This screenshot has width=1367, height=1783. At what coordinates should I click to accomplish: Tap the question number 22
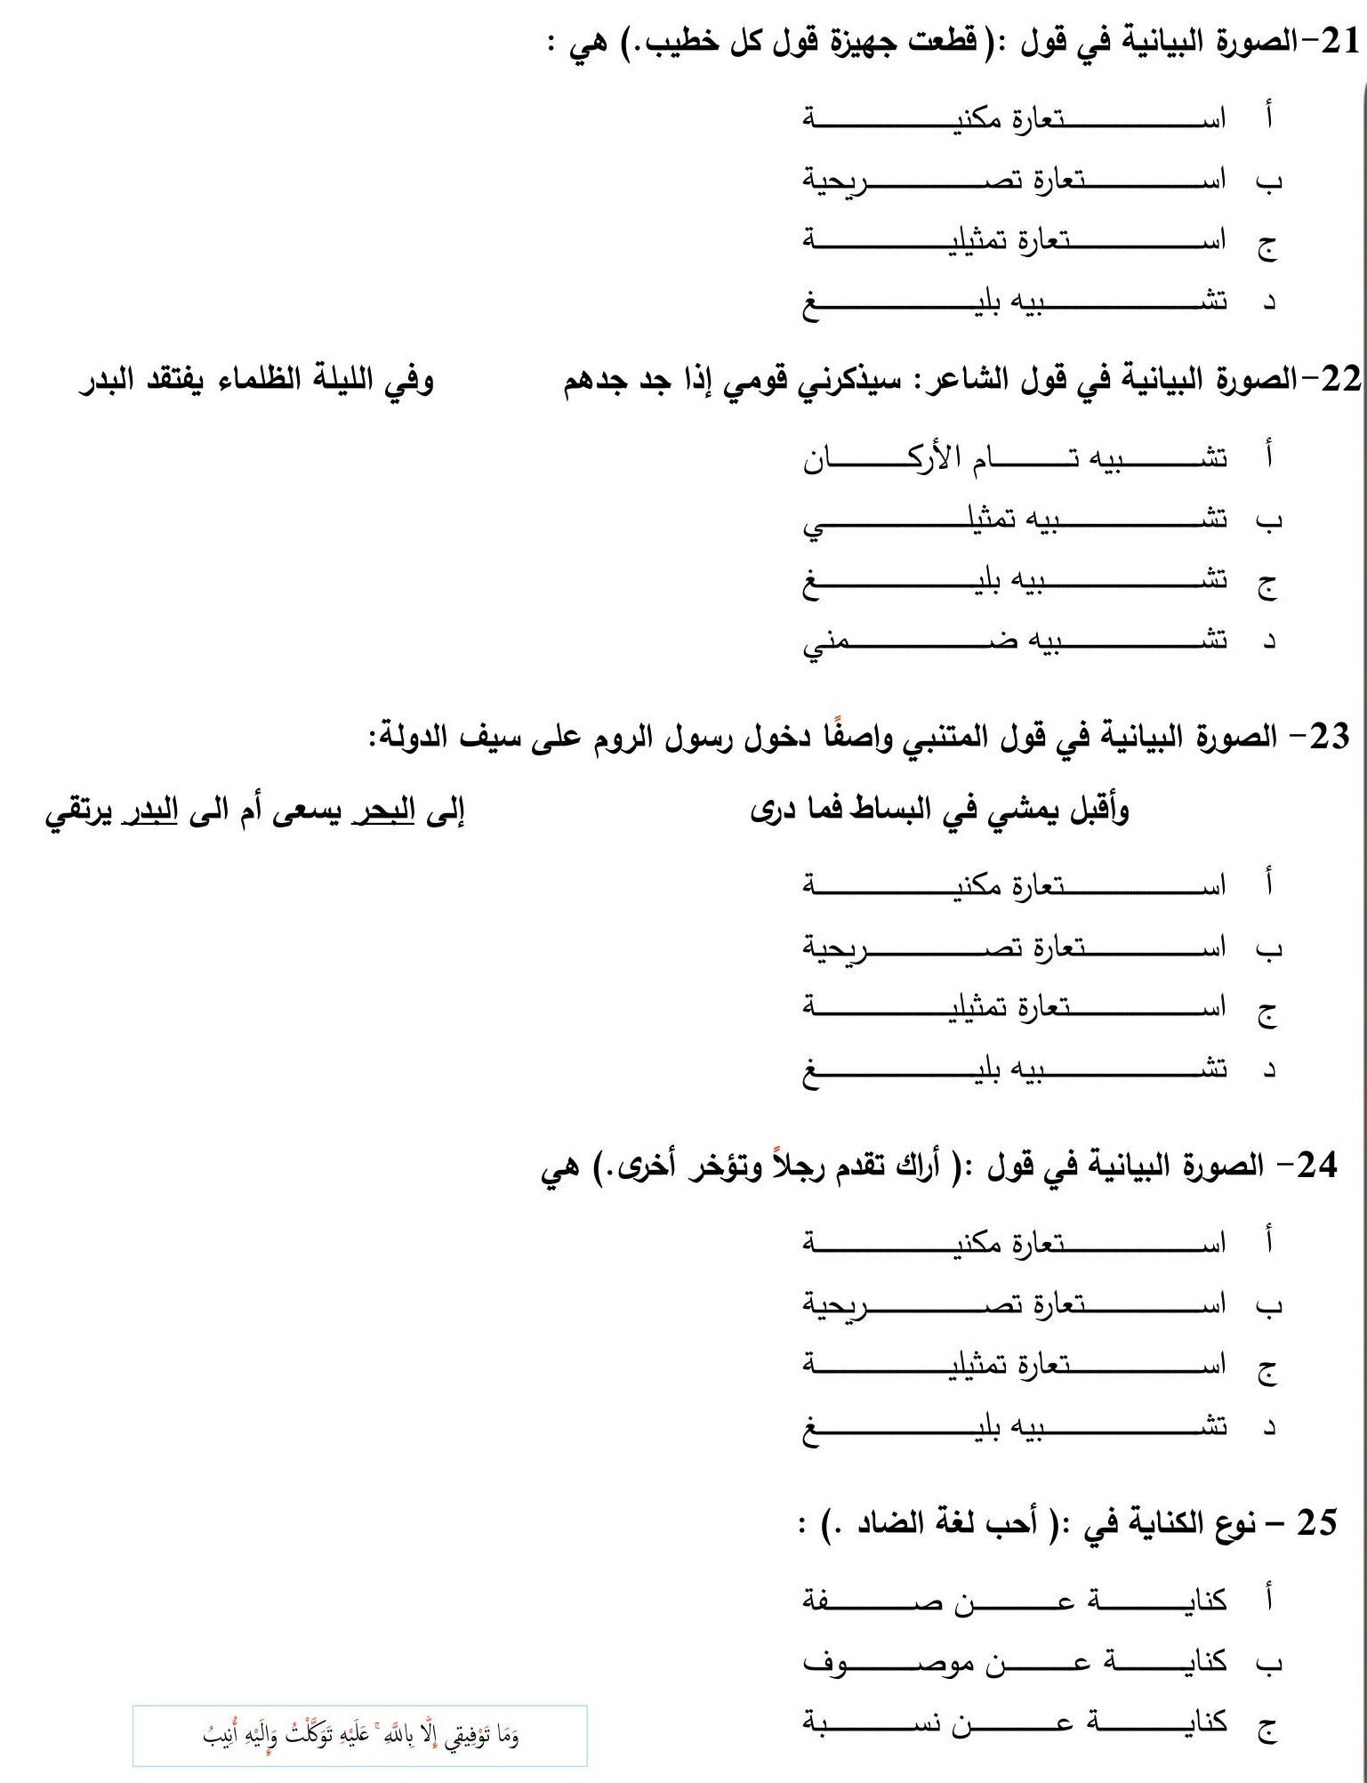pyautogui.click(x=1340, y=380)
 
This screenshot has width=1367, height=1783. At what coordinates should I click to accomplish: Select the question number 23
pyautogui.click(x=1330, y=737)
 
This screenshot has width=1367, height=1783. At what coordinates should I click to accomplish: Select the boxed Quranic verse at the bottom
pyautogui.click(x=360, y=1735)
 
